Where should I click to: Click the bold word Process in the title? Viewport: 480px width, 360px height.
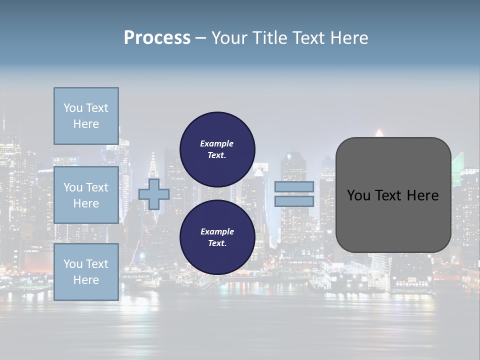pyautogui.click(x=157, y=37)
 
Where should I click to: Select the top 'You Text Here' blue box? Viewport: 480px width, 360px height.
pyautogui.click(x=86, y=116)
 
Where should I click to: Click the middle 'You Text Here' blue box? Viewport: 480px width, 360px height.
pyautogui.click(x=86, y=195)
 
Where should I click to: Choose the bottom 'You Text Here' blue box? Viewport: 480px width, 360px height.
pyautogui.click(x=86, y=271)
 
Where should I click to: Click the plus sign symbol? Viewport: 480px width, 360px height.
pyautogui.click(x=154, y=194)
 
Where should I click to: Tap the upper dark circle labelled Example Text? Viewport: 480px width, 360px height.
pyautogui.click(x=217, y=149)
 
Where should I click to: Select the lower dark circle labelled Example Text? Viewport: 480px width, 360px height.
pyautogui.click(x=217, y=237)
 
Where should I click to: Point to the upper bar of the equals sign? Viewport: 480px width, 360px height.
pyautogui.click(x=294, y=187)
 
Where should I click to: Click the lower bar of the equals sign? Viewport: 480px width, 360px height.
pyautogui.click(x=294, y=201)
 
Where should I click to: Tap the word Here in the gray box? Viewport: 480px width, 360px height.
pyautogui.click(x=423, y=195)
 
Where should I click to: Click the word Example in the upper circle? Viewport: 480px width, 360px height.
pyautogui.click(x=216, y=143)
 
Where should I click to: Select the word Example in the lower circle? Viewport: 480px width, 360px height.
pyautogui.click(x=217, y=231)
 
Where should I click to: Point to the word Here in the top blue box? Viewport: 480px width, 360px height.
pyautogui.click(x=86, y=124)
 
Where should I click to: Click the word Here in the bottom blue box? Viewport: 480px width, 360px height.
pyautogui.click(x=86, y=280)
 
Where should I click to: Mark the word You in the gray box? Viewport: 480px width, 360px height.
pyautogui.click(x=358, y=195)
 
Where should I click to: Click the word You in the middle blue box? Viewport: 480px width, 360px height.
pyautogui.click(x=73, y=187)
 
